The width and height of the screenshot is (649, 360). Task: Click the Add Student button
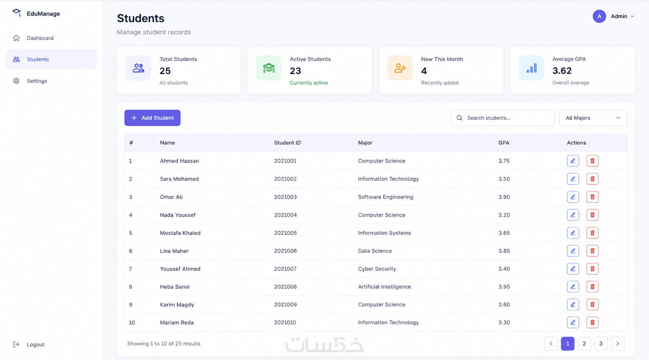coord(152,118)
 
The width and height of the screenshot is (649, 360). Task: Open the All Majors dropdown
coord(593,118)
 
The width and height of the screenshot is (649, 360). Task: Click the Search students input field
coord(503,118)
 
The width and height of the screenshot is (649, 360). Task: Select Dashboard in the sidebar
coord(40,38)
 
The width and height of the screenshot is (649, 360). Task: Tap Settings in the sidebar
coord(37,81)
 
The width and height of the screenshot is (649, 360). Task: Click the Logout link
coord(35,344)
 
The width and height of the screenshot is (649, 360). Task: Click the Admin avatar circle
coord(599,16)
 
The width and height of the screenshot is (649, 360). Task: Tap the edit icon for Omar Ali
coord(573,197)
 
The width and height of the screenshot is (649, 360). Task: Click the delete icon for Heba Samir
coord(592,287)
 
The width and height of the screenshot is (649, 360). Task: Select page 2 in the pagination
coord(584,343)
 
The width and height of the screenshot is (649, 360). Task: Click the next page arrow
coord(617,343)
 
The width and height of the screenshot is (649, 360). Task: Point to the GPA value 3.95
coord(504,287)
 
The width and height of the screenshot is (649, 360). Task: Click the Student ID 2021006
coord(286,251)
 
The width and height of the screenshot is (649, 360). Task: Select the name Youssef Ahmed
coord(180,269)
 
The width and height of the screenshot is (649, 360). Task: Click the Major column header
coord(365,143)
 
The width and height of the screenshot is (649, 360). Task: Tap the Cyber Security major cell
coord(377,269)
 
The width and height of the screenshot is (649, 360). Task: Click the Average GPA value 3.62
coord(562,71)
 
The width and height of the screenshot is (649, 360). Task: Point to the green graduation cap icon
coord(269,68)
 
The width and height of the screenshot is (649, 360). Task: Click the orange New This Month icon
coord(400,68)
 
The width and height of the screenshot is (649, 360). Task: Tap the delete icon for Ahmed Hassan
coord(592,161)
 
